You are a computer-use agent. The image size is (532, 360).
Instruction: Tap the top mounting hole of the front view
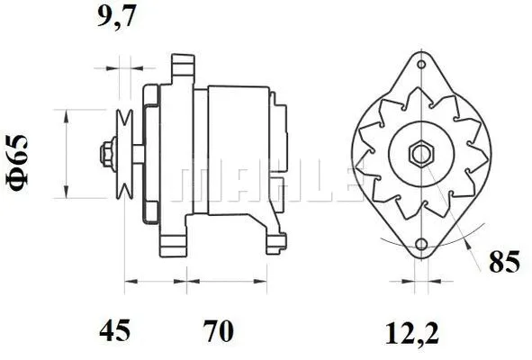coord(420,64)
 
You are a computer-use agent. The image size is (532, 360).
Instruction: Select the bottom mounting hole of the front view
coord(420,244)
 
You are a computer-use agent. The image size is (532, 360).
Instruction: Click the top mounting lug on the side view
coord(184,68)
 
